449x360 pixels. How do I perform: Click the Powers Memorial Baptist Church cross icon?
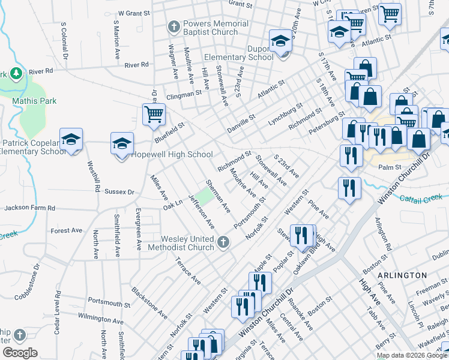click(174, 27)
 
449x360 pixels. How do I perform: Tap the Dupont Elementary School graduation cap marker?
click(280, 41)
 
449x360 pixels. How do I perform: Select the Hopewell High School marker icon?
click(122, 143)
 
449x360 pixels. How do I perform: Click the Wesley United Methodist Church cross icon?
click(223, 242)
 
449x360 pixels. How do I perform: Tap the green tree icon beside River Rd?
click(17, 74)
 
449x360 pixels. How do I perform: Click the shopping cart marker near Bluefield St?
click(154, 113)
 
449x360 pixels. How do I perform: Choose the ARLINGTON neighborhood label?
click(402, 275)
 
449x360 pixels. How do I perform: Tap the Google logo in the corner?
click(20, 353)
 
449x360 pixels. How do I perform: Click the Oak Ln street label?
click(172, 205)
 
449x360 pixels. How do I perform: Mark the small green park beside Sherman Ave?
click(206, 196)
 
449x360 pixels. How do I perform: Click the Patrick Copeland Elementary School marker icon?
click(71, 139)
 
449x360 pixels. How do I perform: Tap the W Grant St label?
click(133, 12)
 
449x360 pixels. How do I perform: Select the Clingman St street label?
click(184, 94)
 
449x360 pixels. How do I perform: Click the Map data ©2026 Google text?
click(411, 355)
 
